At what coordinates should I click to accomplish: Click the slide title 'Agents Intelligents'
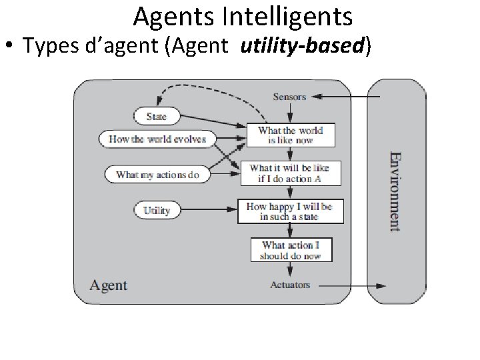243,17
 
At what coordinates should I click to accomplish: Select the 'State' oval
157,116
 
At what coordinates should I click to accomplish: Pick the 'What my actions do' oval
157,175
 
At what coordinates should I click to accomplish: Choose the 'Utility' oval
157,211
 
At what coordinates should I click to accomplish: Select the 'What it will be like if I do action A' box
289,173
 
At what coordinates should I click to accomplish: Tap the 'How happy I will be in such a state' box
289,211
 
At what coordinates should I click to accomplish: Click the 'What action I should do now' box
291,249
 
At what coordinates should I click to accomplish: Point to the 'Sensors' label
289,97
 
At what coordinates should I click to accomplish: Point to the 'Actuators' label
290,285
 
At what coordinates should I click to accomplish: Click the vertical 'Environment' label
395,190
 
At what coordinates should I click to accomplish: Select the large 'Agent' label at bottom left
108,285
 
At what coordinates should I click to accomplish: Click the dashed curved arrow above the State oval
200,88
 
